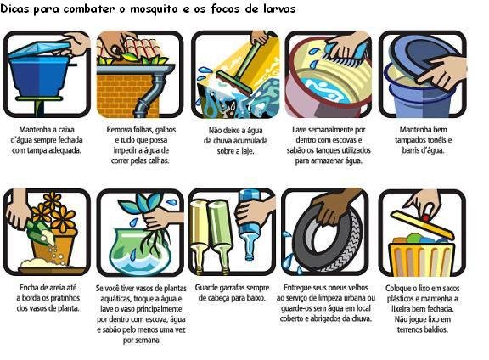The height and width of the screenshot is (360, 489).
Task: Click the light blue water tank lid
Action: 40,50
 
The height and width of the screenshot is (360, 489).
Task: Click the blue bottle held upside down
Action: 250,225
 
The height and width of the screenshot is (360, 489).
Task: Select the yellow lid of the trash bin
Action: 422,225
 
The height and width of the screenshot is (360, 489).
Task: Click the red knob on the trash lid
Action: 426,217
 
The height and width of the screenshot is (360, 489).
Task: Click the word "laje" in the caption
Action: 246,151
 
